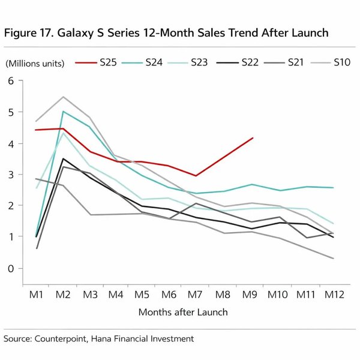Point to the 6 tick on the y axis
click(x=10, y=81)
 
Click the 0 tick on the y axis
click(x=10, y=268)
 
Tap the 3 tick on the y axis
click(x=10, y=175)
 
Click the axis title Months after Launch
click(x=183, y=312)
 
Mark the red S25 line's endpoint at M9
click(x=253, y=138)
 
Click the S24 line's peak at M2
click(x=64, y=112)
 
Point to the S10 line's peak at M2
click(x=64, y=97)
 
